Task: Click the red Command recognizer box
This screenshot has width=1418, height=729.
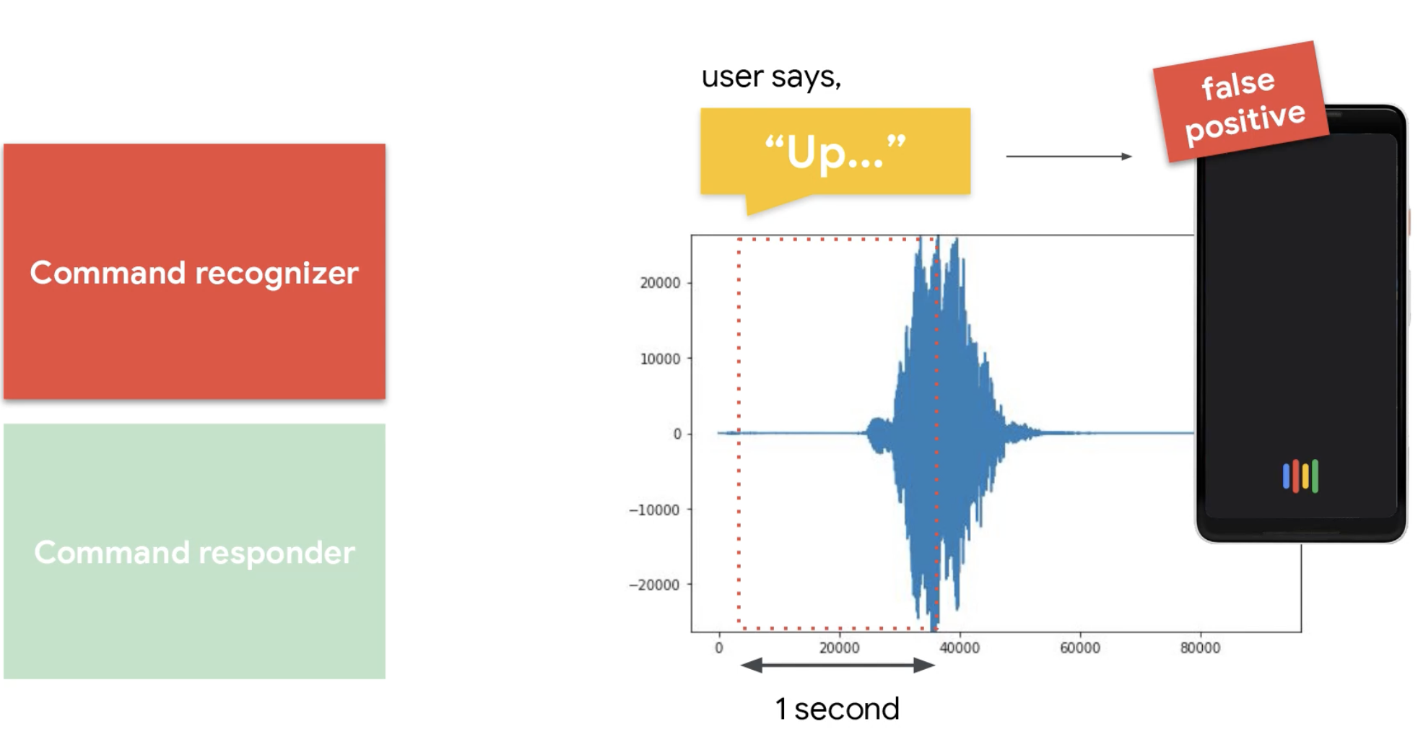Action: tap(194, 271)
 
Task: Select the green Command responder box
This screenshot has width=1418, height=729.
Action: tap(194, 551)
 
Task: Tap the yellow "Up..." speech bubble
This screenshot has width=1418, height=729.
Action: tap(835, 152)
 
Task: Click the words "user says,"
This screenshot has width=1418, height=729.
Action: tap(771, 77)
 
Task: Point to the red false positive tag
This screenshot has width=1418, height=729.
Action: tap(1241, 102)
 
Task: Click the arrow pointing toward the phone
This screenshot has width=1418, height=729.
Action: tap(1069, 156)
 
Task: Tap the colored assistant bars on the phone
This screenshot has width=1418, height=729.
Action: tap(1300, 476)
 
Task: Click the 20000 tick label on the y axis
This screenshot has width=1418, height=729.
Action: tap(660, 283)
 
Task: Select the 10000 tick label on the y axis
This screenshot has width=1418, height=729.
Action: tap(660, 359)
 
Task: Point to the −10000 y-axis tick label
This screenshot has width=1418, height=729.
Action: tap(654, 510)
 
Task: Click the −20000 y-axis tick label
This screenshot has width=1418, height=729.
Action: tap(654, 585)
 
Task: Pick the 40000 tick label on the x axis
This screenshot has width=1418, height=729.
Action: tap(960, 648)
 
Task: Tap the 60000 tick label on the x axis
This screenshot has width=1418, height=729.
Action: tap(1080, 648)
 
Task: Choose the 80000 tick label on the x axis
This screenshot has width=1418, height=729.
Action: tap(1200, 648)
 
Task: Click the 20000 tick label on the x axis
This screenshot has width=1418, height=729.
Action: tap(839, 648)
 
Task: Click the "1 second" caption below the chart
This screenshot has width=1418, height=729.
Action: tap(838, 709)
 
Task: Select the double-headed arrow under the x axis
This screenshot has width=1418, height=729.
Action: tap(838, 665)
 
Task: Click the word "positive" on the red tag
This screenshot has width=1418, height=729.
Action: tap(1245, 121)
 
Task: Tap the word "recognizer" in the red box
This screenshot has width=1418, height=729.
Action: tap(277, 274)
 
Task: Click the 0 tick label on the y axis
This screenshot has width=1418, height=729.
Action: tap(677, 434)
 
